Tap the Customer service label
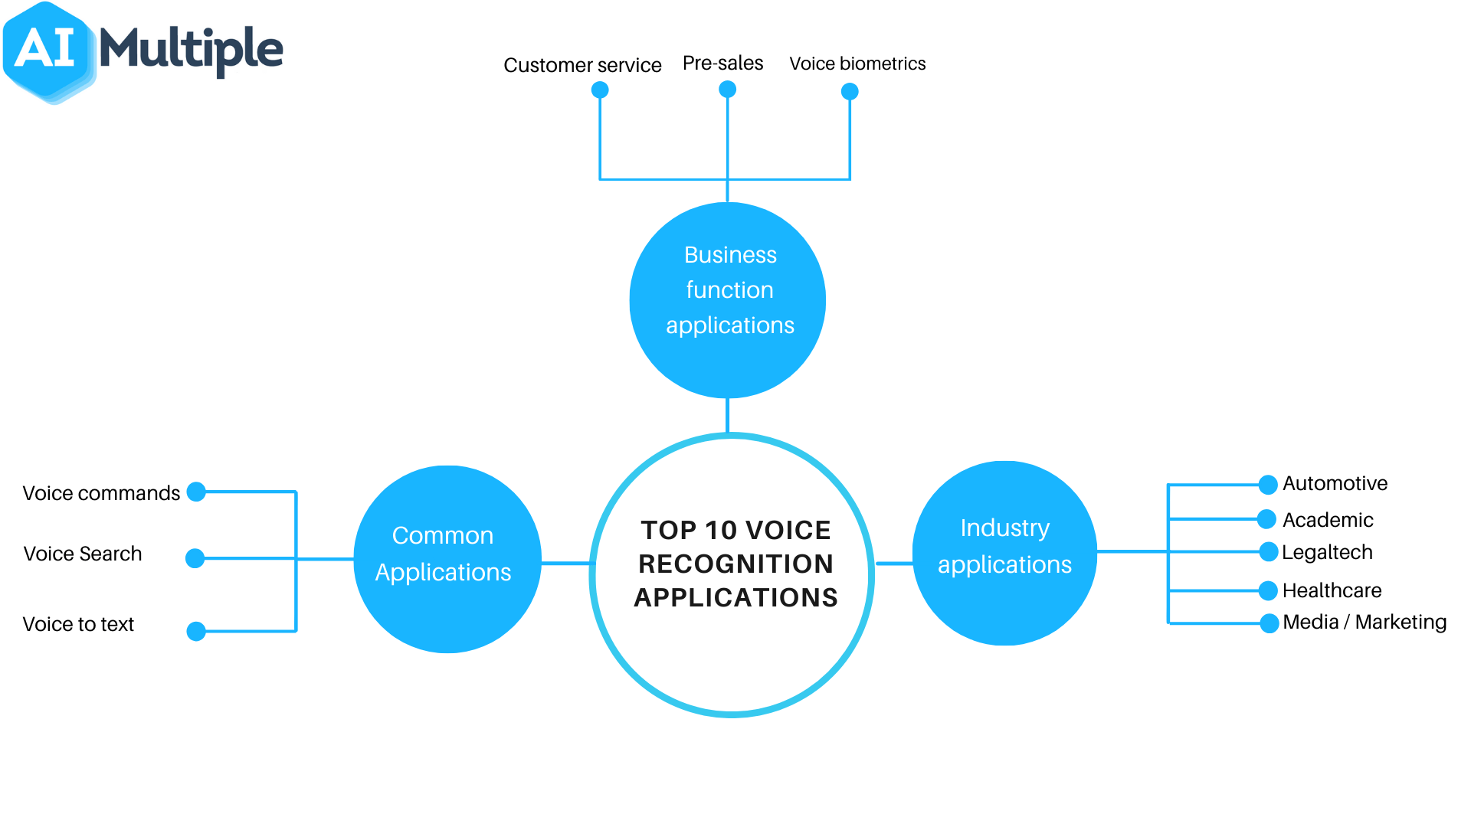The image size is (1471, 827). click(582, 65)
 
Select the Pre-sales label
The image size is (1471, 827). click(722, 63)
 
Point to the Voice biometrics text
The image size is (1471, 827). click(857, 64)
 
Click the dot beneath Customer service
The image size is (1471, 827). click(600, 90)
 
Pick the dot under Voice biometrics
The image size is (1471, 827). click(850, 92)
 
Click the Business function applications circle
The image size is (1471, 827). click(728, 300)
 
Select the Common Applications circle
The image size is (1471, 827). click(447, 559)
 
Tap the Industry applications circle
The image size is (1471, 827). click(1004, 553)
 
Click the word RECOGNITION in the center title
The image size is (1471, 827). click(735, 564)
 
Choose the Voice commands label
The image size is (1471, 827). click(101, 493)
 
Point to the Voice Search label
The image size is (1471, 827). click(83, 554)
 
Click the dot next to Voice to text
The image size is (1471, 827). click(196, 631)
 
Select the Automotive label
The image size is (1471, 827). click(1335, 483)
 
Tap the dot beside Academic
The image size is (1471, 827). click(1267, 519)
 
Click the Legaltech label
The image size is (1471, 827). click(1327, 552)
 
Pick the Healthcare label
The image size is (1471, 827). click(1332, 590)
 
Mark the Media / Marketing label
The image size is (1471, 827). click(1365, 622)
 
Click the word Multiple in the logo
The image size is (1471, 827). click(192, 49)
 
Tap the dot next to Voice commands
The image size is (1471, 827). click(196, 492)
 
